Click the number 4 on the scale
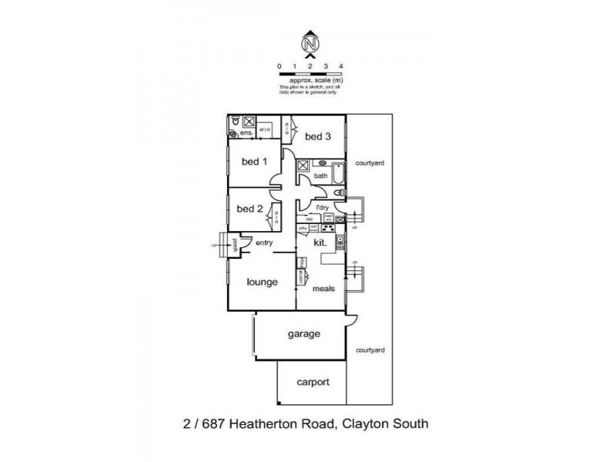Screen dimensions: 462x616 click(340, 67)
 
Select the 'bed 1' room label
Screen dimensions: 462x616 click(254, 162)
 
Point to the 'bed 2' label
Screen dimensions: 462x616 click(249, 208)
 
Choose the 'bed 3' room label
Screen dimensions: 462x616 click(317, 136)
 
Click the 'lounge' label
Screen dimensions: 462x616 click(262, 282)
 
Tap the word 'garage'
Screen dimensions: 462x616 click(303, 334)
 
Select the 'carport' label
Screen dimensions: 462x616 click(313, 382)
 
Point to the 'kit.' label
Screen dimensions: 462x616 click(321, 243)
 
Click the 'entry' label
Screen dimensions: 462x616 click(265, 243)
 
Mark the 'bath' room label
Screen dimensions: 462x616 click(320, 176)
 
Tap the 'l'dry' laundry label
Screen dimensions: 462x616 click(323, 208)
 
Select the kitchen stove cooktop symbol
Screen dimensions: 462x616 click(327, 228)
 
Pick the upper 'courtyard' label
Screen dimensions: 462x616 click(370, 163)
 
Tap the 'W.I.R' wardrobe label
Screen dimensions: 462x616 click(264, 130)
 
